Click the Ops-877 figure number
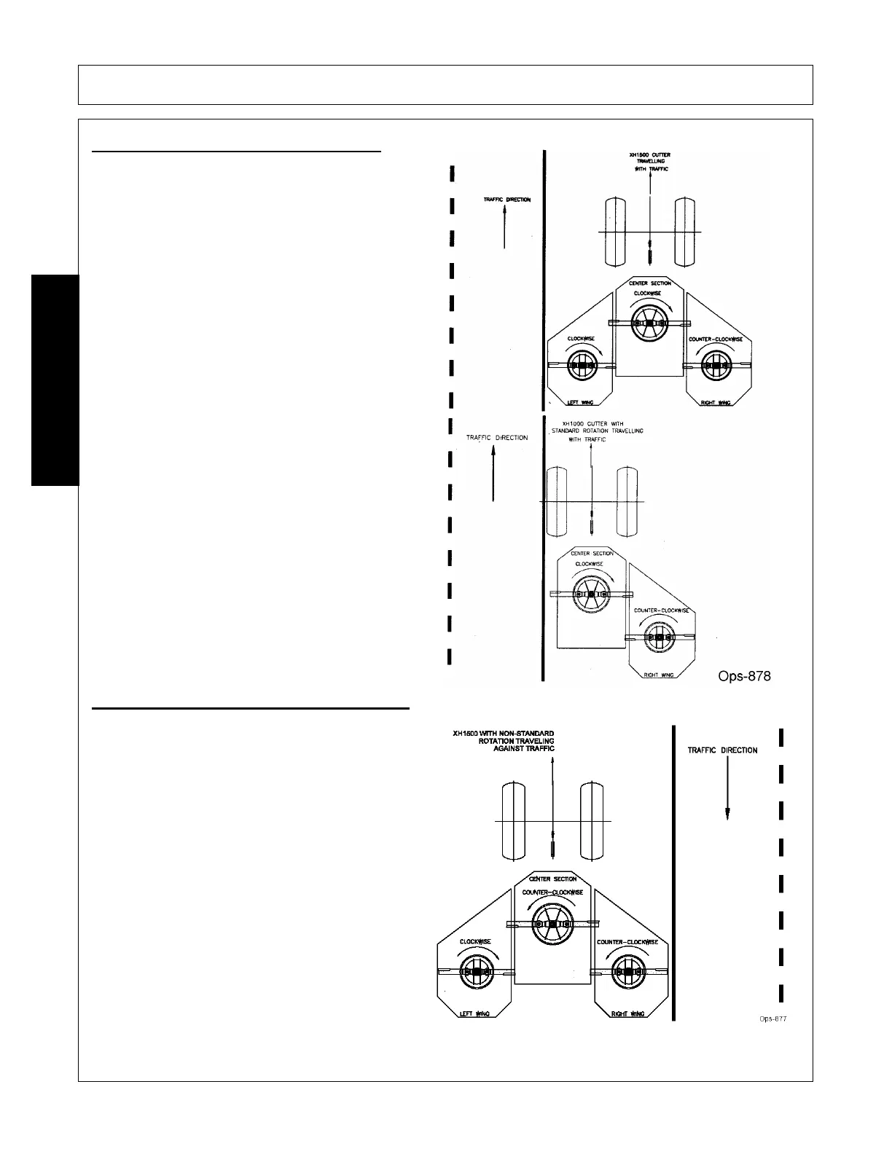tap(772, 1018)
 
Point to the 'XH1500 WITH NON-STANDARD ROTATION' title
tap(504, 740)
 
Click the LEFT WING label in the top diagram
tap(582, 403)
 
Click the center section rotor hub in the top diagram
tap(649, 323)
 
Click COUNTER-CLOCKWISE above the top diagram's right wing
tap(716, 339)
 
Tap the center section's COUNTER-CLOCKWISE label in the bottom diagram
tap(552, 892)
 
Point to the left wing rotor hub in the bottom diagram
tap(476, 972)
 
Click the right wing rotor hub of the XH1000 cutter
tap(660, 637)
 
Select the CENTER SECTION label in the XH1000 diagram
tap(592, 554)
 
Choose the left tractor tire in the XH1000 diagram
tap(557, 501)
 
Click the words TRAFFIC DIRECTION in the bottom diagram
tap(722, 750)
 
